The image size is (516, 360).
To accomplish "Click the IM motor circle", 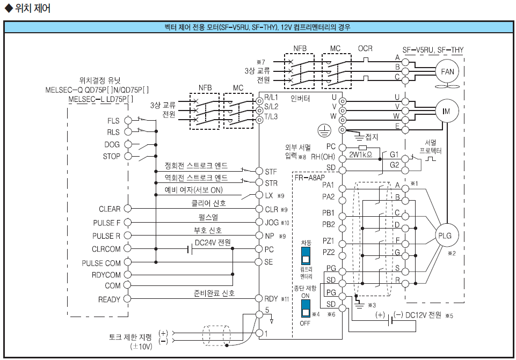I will pos(446,111).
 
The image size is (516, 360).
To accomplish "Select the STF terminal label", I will pos(271,172).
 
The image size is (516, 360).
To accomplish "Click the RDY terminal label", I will pos(272,299).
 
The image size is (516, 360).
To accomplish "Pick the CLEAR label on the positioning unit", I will pos(110,209).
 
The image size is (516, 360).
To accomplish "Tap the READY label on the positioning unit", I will pos(110,299).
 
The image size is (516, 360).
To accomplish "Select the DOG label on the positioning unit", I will pos(112,144).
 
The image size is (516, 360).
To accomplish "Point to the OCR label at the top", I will pos(365,49).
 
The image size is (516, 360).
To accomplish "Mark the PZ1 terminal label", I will pos(328,241).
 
